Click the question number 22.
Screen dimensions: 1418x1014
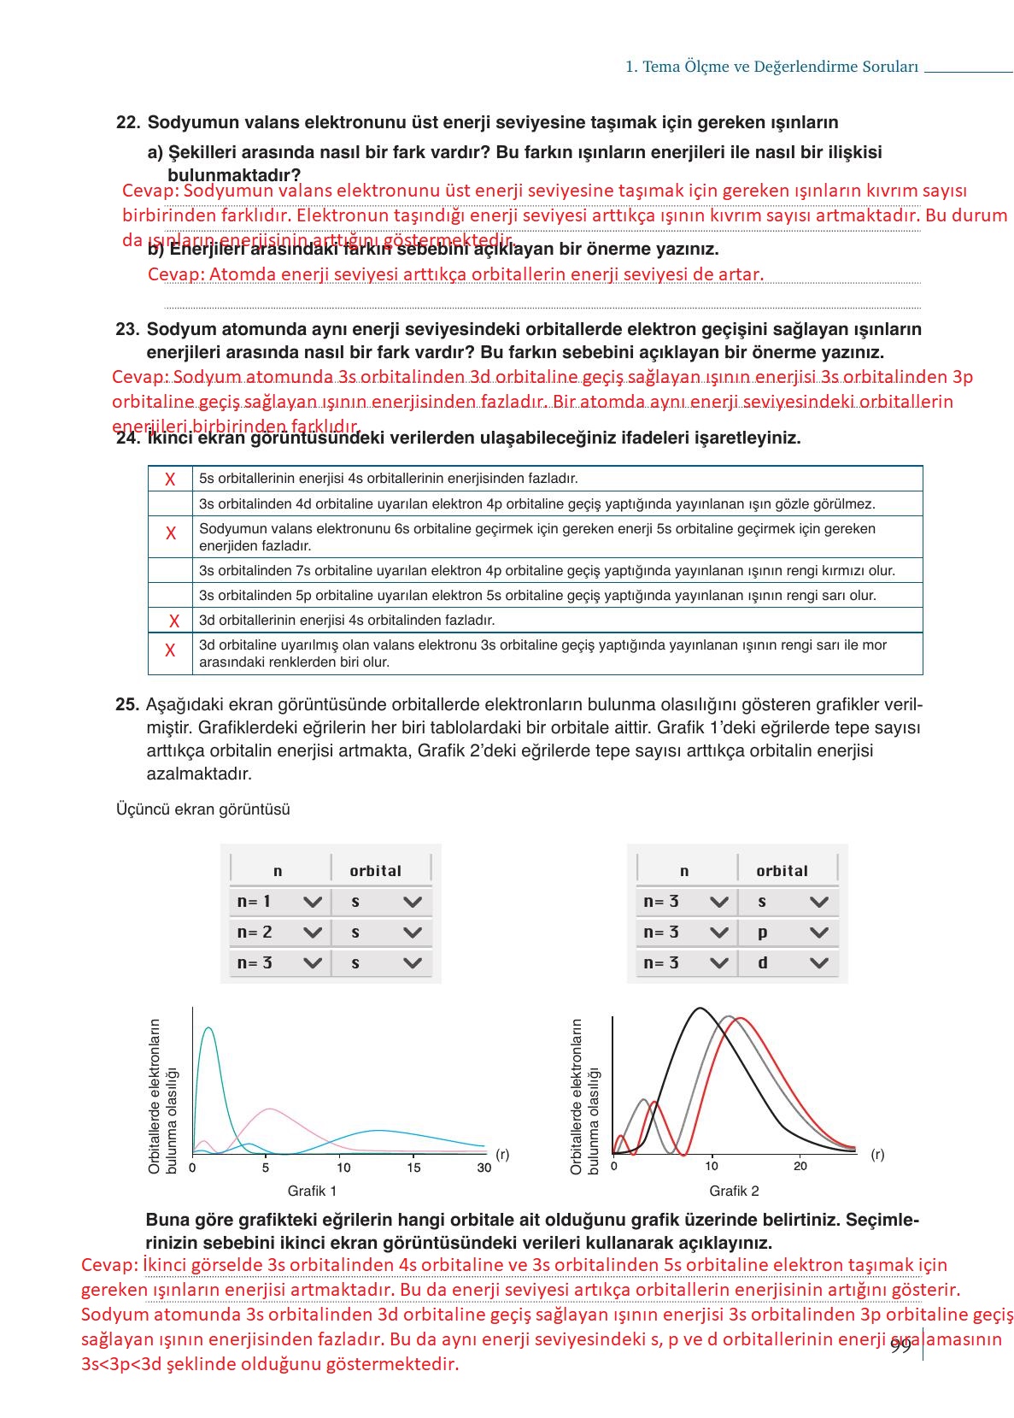(x=127, y=122)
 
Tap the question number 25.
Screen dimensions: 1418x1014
(x=126, y=705)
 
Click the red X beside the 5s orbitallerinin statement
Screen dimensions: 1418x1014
(x=170, y=480)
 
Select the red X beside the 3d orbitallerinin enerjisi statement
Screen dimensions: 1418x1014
(x=174, y=621)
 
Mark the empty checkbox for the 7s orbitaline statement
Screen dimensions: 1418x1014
(x=170, y=570)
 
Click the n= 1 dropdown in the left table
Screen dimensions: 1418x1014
(x=278, y=902)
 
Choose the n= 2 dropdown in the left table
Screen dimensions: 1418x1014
(x=278, y=933)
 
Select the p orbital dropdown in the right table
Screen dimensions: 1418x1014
(x=788, y=933)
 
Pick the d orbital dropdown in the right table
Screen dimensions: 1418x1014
(x=788, y=963)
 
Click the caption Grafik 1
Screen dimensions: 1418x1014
(x=312, y=1191)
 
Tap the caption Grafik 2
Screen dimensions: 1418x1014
(x=734, y=1191)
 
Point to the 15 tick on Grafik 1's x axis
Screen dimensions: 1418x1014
(x=413, y=1168)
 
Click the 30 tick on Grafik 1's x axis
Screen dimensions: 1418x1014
(x=484, y=1168)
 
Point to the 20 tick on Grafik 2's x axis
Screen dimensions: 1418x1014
(x=800, y=1166)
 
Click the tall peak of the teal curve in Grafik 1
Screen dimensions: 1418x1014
(x=208, y=1028)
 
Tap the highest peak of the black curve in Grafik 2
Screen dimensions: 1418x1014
(x=700, y=1009)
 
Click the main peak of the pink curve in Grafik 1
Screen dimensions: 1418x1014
(x=270, y=1109)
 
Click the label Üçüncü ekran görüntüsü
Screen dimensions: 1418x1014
(x=202, y=809)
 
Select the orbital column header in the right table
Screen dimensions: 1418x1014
(x=782, y=871)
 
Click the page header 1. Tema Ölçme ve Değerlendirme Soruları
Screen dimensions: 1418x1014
(x=771, y=67)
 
